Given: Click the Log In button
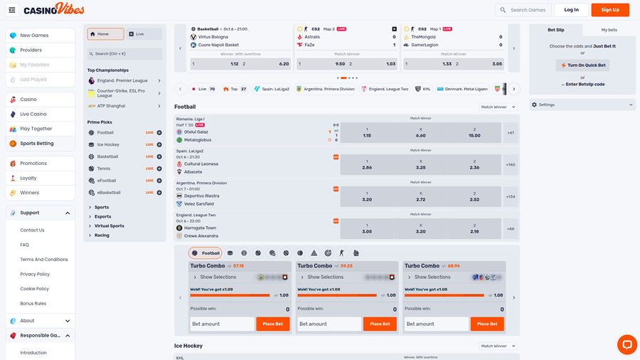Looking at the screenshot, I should [571, 10].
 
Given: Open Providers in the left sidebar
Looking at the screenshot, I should [31, 50].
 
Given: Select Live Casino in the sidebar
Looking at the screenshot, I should [33, 114].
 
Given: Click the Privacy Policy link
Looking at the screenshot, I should [35, 274].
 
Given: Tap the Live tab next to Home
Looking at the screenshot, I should [144, 33].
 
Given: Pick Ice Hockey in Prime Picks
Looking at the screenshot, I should [109, 144].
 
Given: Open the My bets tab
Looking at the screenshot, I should [609, 30].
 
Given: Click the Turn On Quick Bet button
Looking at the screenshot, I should [582, 65].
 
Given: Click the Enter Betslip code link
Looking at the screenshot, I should [582, 85].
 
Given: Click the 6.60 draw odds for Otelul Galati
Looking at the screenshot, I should [420, 132].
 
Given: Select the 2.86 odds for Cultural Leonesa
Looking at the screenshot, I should [367, 164].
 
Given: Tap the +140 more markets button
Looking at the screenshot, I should [511, 164].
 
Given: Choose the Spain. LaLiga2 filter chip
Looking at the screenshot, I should [272, 89].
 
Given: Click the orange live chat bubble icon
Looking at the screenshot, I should [626, 344].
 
